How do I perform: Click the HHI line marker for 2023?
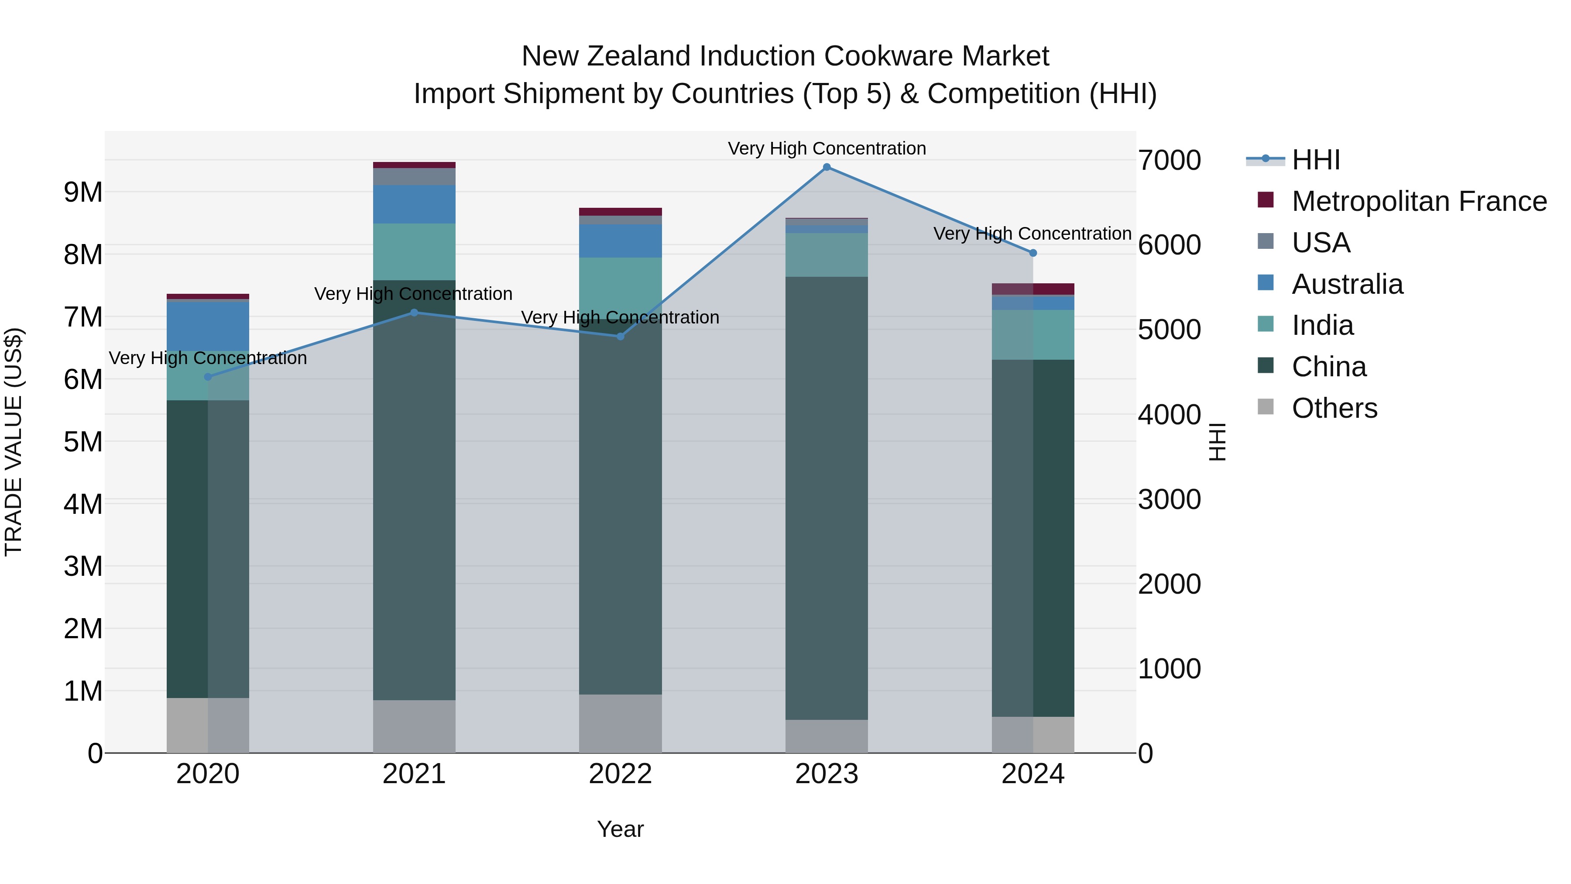tap(827, 167)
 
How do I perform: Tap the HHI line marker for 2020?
tap(208, 377)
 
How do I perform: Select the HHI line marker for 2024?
tap(1032, 253)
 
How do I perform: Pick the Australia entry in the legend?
tap(1347, 284)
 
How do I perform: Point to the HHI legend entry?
tap(1315, 160)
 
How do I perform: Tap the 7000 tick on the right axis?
tap(1169, 161)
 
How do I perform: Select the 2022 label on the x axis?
tap(620, 774)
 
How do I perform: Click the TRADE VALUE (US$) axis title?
tap(14, 442)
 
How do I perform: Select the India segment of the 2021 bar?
tap(414, 251)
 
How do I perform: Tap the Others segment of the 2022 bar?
tap(620, 723)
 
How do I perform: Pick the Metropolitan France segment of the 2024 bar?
tap(1032, 289)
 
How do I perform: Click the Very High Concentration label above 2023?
tap(827, 149)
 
